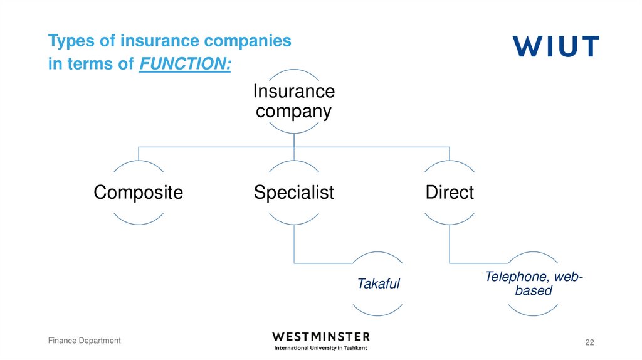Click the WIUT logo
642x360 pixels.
click(x=555, y=46)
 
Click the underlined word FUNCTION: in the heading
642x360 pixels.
click(x=184, y=64)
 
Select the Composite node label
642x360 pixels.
click(x=138, y=192)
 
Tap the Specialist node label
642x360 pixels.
click(x=294, y=192)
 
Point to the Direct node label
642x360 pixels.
click(x=450, y=192)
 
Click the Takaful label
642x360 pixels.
click(x=378, y=283)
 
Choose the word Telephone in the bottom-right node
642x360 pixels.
click(x=513, y=277)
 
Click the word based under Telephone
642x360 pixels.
click(x=533, y=290)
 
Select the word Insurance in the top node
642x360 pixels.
click(x=293, y=92)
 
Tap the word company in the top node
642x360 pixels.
click(x=293, y=112)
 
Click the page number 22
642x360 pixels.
click(x=589, y=342)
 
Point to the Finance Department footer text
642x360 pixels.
click(x=85, y=341)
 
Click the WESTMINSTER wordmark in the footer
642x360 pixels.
click(x=321, y=336)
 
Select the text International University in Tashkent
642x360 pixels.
click(x=321, y=347)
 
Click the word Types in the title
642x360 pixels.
click(x=68, y=41)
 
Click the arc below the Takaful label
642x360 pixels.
click(x=378, y=312)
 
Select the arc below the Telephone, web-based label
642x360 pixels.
click(x=533, y=312)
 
